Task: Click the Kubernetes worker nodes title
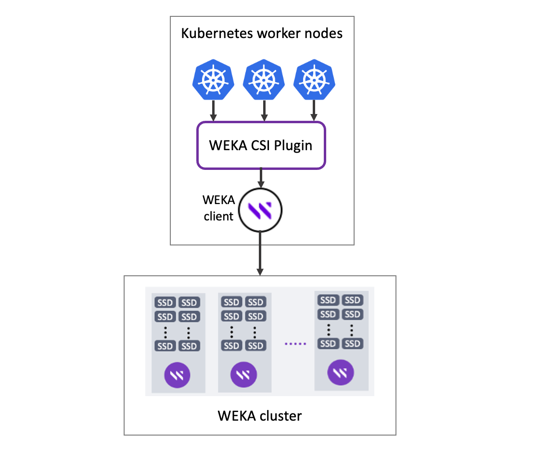point(262,34)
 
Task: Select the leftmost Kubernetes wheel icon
point(214,80)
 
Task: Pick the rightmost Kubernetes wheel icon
point(314,80)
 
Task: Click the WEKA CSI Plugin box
point(261,145)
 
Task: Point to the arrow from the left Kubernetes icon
point(214,111)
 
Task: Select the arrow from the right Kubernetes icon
point(314,111)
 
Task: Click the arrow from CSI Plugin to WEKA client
point(261,179)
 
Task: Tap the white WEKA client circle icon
point(260,210)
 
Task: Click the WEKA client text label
point(218,208)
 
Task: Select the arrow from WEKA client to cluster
point(260,253)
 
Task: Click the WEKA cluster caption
point(260,415)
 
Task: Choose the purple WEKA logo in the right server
point(341,372)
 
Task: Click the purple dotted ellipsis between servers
point(294,344)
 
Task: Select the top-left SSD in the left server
point(165,303)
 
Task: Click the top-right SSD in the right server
point(353,300)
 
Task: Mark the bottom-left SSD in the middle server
point(231,346)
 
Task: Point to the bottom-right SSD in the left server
point(189,346)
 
